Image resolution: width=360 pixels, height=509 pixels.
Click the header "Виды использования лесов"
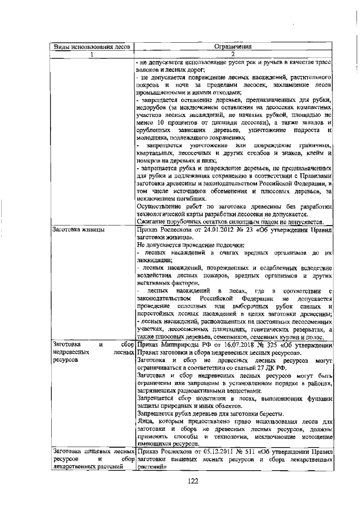click(91, 47)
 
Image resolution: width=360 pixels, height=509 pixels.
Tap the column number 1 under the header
click(91, 54)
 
